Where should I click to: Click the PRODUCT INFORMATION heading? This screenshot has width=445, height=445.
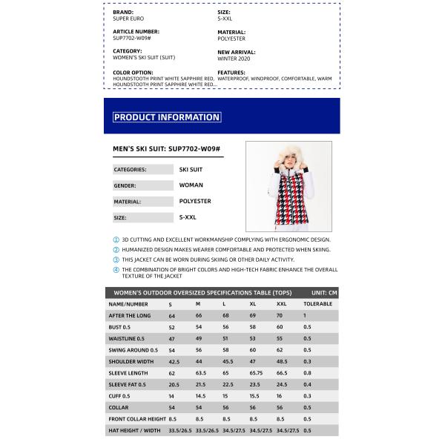(167, 117)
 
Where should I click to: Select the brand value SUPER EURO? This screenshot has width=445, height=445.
(128, 19)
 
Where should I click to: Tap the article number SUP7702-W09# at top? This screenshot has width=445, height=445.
(132, 38)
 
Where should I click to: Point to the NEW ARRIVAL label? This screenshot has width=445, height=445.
(237, 52)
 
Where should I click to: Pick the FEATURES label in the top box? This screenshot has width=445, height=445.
(231, 72)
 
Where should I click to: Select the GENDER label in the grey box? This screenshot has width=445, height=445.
(125, 185)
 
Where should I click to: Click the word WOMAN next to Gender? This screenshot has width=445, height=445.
(191, 185)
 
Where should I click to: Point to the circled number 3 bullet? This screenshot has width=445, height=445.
(116, 260)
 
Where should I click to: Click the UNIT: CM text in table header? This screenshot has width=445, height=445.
(324, 293)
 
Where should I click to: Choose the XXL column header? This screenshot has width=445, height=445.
(282, 304)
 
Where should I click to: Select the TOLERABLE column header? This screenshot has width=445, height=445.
(317, 304)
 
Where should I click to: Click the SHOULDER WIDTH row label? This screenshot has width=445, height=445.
(131, 361)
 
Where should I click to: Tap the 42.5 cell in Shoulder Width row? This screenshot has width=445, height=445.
(174, 361)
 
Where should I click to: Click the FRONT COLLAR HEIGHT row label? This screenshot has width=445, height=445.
(136, 419)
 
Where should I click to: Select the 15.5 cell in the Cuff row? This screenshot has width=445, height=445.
(254, 396)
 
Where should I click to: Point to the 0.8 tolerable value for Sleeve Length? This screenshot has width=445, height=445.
(307, 373)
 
